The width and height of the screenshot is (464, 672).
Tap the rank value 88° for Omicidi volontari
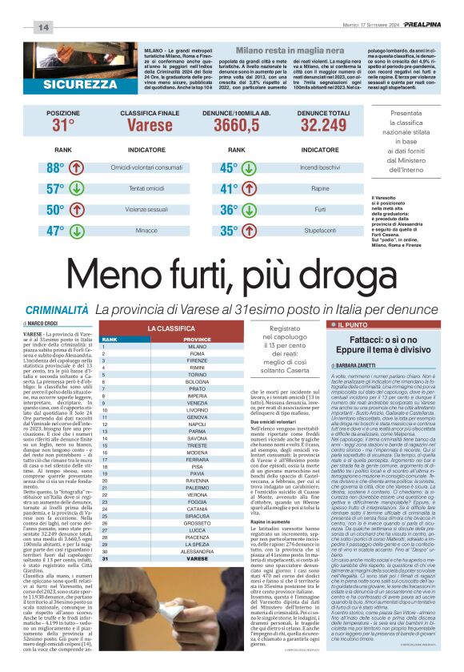[x=55, y=168]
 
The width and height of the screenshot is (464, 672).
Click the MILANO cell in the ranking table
[x=197, y=347]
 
